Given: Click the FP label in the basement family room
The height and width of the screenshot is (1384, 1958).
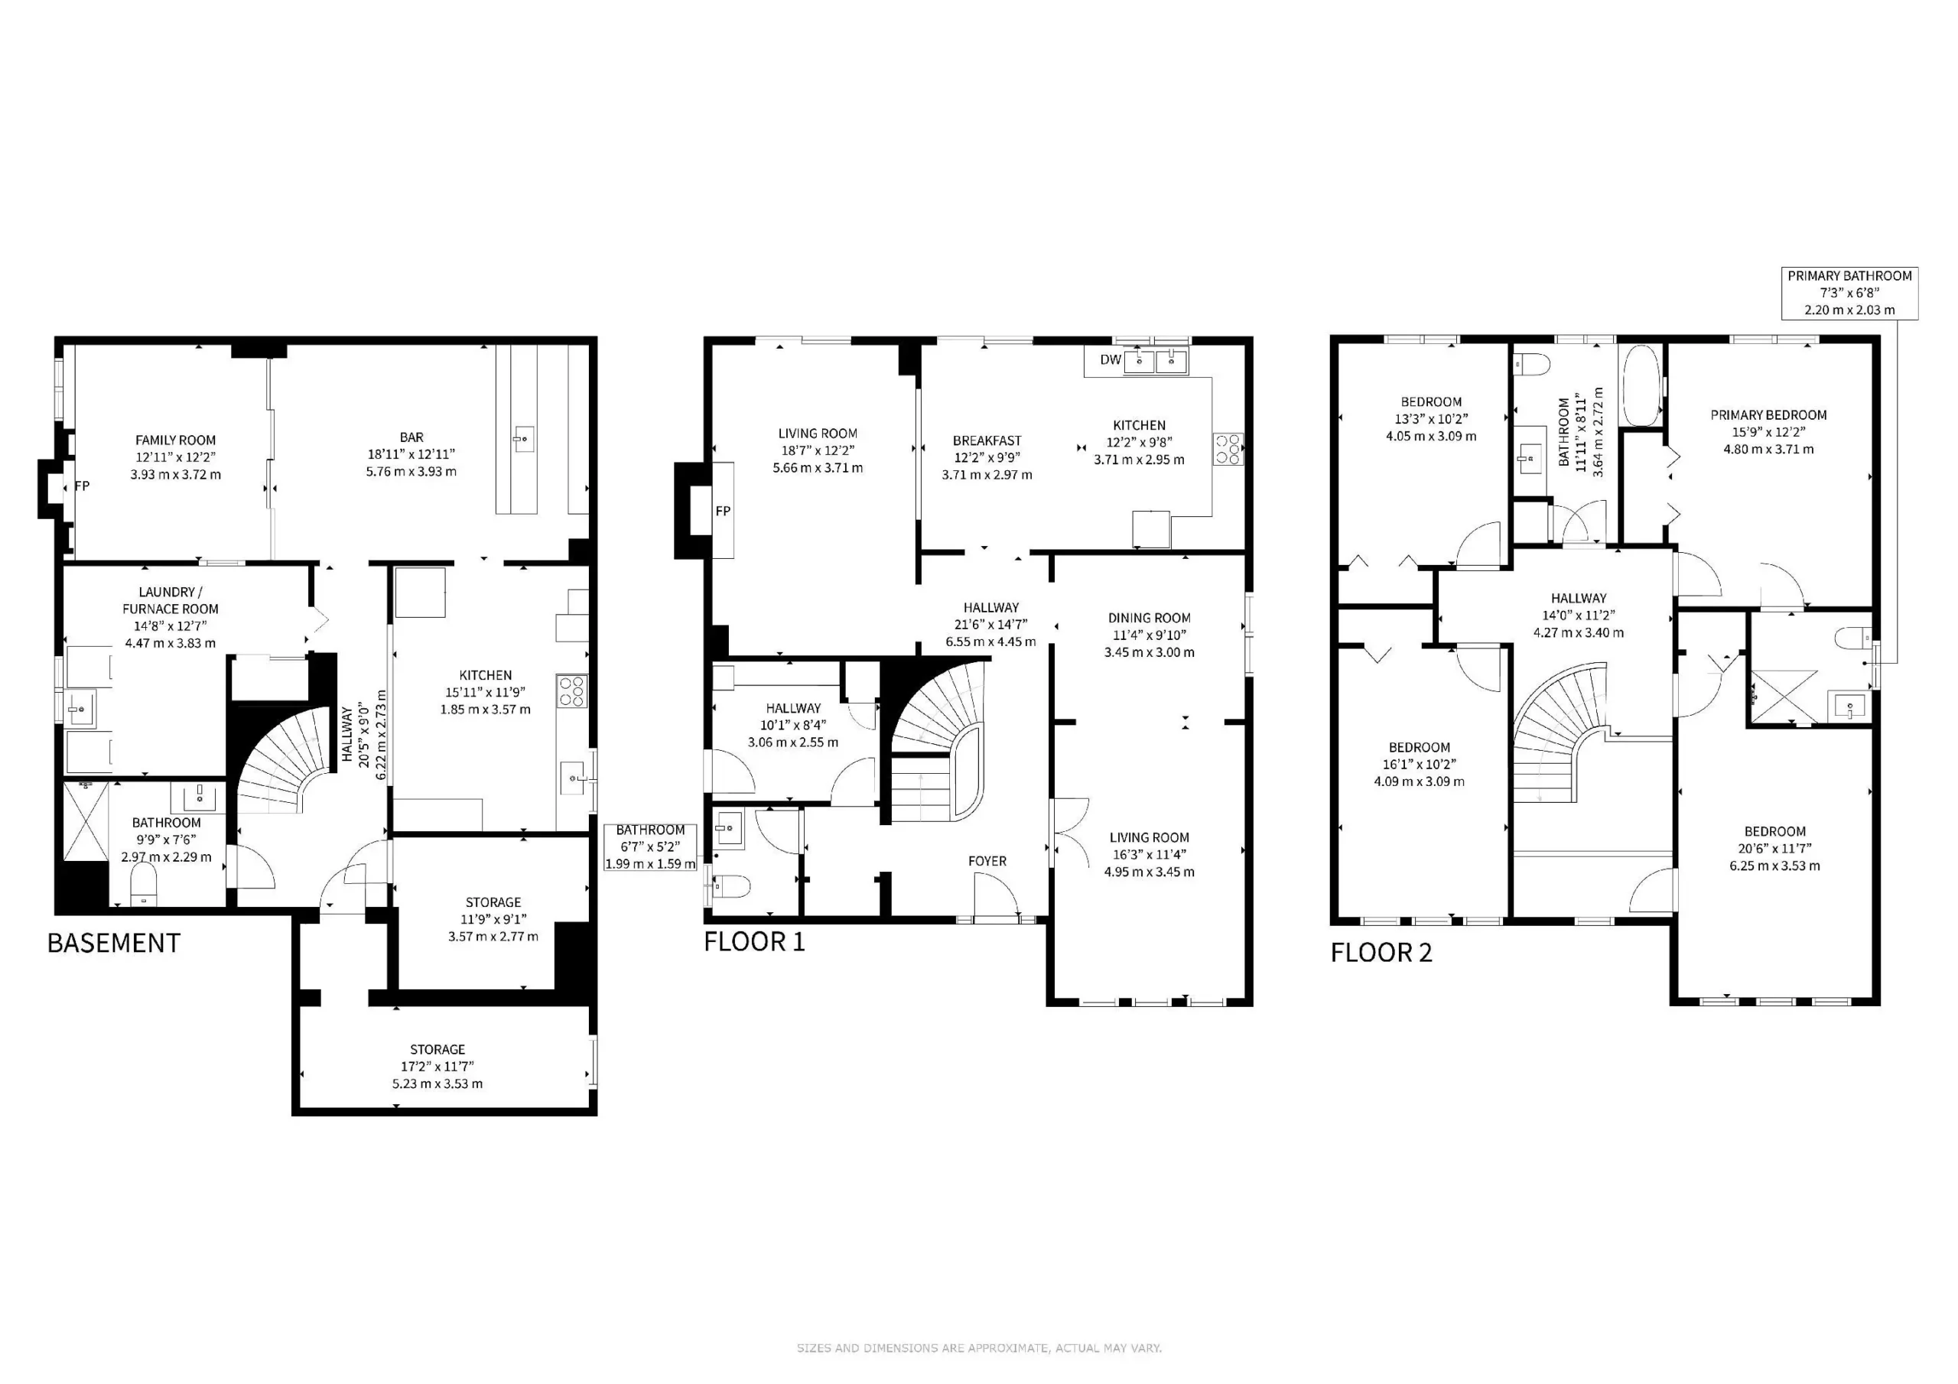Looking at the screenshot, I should pyautogui.click(x=82, y=486).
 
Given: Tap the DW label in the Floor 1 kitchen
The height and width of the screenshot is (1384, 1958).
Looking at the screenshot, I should pyautogui.click(x=1110, y=360).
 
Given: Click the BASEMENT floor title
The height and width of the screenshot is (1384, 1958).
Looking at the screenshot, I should pyautogui.click(x=113, y=943).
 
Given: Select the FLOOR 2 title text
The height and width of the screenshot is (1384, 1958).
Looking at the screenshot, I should pyautogui.click(x=1381, y=953).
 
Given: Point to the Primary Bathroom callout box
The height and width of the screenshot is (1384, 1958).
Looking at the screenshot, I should pyautogui.click(x=1849, y=293).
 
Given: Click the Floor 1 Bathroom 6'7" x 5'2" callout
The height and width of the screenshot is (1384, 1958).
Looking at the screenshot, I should pyautogui.click(x=650, y=846).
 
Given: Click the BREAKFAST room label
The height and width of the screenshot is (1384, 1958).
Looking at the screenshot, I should pyautogui.click(x=987, y=441).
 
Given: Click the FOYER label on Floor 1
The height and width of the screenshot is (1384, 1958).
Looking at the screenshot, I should pyautogui.click(x=987, y=861).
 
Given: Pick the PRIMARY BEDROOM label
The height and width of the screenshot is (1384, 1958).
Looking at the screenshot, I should pyautogui.click(x=1768, y=415).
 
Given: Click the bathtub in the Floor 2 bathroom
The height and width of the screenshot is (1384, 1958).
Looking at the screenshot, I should pyautogui.click(x=1640, y=385).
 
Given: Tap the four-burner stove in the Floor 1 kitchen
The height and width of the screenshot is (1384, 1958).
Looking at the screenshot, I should pyautogui.click(x=1228, y=449).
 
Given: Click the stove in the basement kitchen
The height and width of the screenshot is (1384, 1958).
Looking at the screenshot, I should pyautogui.click(x=571, y=690).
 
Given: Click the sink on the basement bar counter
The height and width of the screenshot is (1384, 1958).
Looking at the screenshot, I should pyautogui.click(x=522, y=440).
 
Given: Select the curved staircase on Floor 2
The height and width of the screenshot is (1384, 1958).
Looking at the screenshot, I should pyautogui.click(x=1556, y=733).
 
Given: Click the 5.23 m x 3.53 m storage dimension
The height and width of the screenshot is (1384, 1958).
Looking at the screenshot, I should pyautogui.click(x=437, y=1083).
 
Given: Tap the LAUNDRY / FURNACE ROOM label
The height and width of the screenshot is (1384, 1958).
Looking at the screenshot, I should pyautogui.click(x=170, y=600).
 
